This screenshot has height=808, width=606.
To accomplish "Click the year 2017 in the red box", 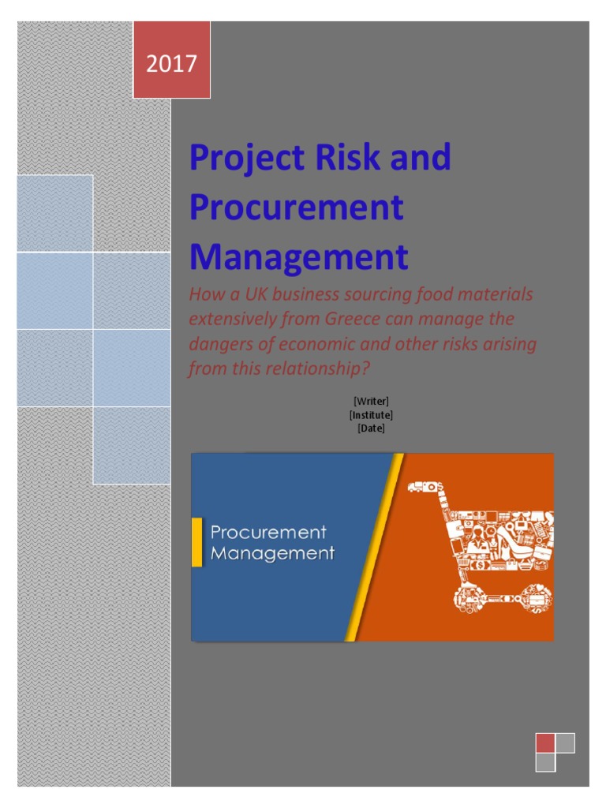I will [171, 63].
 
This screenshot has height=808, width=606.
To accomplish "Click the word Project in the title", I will [241, 159].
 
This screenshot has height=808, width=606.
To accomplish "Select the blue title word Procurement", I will [296, 208].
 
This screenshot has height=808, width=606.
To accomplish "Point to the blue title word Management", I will [298, 257].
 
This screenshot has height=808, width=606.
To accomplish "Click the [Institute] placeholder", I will [371, 415].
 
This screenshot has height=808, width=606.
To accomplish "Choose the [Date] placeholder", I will [371, 428].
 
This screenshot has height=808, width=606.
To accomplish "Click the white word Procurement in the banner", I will [268, 533].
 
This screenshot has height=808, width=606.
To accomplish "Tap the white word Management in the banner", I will [272, 553].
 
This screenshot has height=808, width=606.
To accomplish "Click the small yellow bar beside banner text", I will [197, 542].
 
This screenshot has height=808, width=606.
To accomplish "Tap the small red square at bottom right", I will [544, 743].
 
